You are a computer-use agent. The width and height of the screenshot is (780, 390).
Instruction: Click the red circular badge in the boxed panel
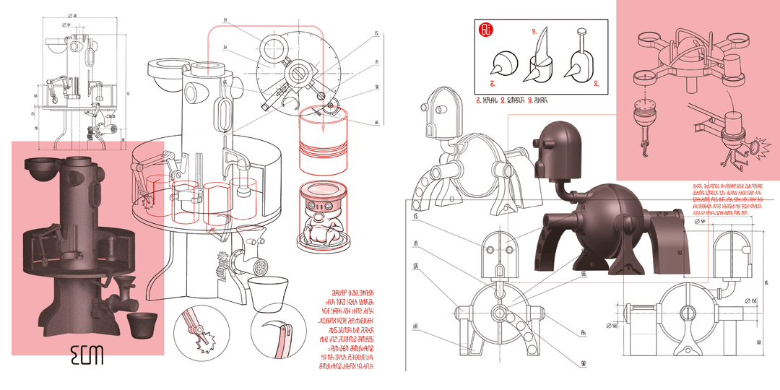tap(487, 30)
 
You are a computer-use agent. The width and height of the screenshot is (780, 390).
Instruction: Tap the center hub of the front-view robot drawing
tap(498, 314)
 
